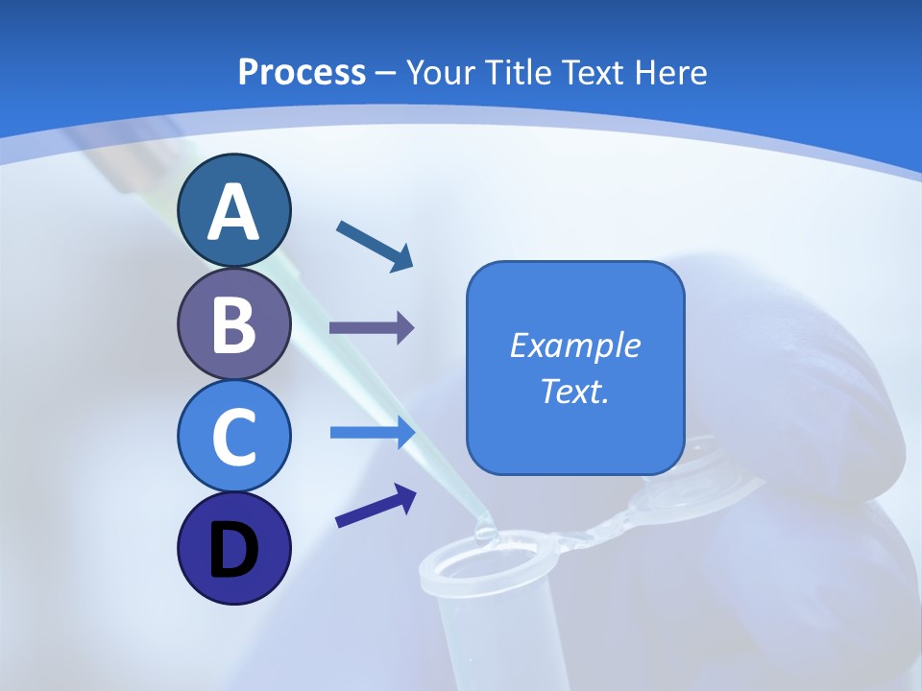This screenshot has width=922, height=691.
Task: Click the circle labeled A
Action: (234, 210)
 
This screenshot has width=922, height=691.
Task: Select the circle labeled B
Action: (234, 324)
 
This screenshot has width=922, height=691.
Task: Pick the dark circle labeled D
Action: (234, 548)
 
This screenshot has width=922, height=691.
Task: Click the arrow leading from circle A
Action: (375, 245)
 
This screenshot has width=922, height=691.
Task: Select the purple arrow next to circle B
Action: (371, 328)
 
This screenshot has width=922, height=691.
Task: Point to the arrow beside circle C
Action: (372, 433)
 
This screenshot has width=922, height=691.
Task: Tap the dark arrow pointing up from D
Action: (376, 506)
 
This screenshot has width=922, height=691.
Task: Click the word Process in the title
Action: (302, 72)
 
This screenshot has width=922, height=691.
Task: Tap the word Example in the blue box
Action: (575, 345)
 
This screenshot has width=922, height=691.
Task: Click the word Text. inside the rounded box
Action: (575, 391)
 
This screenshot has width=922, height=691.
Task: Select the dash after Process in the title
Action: (386, 73)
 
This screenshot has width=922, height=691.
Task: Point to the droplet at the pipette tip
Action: (485, 525)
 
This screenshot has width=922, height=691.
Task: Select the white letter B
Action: (234, 324)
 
